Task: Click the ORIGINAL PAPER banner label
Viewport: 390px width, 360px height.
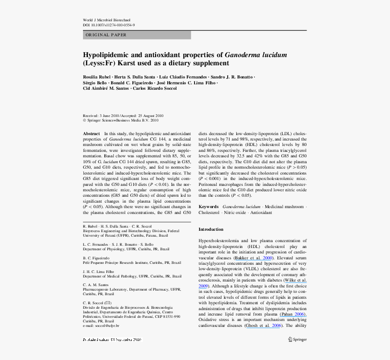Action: [x=106, y=35]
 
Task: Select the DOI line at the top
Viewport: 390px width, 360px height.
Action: [x=108, y=25]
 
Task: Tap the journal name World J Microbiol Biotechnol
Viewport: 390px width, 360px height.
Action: [x=107, y=20]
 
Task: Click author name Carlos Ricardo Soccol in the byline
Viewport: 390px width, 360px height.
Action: [x=156, y=88]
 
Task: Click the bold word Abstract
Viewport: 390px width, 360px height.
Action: [x=92, y=134]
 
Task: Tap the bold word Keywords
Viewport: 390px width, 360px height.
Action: [x=209, y=207]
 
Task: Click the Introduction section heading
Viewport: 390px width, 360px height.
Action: [x=211, y=229]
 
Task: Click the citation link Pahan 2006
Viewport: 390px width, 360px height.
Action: [x=293, y=314]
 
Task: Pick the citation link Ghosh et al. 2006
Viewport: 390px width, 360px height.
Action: [x=264, y=326]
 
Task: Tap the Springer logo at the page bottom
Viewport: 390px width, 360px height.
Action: [x=297, y=339]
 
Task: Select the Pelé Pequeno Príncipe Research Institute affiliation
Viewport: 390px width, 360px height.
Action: [x=132, y=263]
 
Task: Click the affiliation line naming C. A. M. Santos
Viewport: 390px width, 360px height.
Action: [x=96, y=284]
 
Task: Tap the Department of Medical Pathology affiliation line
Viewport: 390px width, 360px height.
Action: [x=132, y=276]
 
